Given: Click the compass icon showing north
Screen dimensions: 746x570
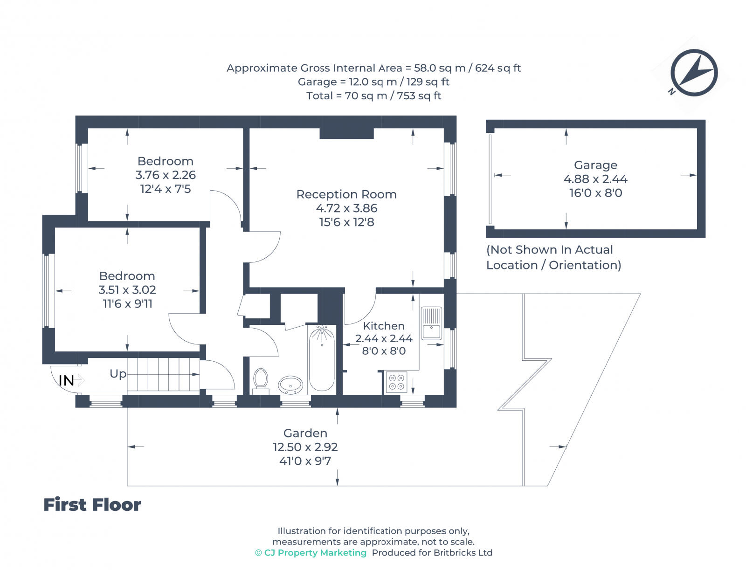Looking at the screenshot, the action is click(694, 73).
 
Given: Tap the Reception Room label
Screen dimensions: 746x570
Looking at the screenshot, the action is click(346, 194).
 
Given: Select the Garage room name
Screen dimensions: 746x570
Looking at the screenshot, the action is click(595, 165).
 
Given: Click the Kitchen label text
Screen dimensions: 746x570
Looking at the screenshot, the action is click(384, 326).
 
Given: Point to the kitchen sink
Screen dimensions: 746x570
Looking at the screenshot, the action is click(431, 323).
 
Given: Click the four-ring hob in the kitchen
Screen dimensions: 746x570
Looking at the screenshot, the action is click(396, 382).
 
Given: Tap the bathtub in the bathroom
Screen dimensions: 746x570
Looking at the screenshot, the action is click(322, 358).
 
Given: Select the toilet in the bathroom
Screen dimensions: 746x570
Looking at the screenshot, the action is click(261, 379).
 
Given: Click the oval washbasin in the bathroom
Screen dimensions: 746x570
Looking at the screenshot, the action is click(290, 385).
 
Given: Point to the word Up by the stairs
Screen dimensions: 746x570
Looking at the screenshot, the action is click(118, 374).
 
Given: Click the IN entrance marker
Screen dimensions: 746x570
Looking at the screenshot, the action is click(66, 381).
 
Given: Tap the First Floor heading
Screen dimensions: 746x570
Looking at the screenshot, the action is click(92, 505).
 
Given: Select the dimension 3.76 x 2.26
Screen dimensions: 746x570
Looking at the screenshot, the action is click(166, 175).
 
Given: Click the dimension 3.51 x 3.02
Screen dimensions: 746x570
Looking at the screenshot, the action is click(127, 290).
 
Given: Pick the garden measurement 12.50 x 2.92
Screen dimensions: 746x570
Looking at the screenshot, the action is click(305, 447).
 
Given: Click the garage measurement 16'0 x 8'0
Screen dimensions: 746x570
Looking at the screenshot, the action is click(595, 193).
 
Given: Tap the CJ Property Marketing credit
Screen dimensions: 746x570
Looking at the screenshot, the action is click(311, 553).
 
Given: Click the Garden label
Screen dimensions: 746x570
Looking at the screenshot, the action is click(305, 433).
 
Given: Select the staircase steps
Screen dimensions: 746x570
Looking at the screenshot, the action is click(163, 374).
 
